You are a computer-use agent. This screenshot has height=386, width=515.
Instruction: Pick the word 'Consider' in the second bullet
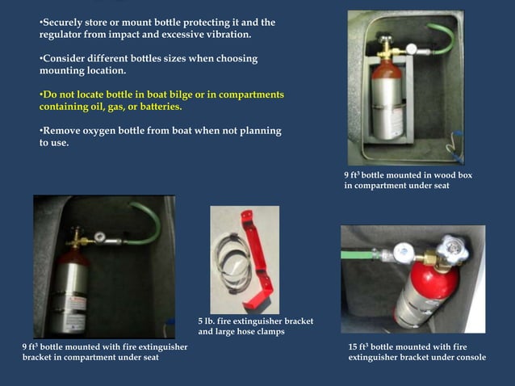65,59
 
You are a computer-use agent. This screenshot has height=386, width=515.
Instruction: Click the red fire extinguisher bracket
261,258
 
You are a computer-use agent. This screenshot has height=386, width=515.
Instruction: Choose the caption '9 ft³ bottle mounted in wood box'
408,175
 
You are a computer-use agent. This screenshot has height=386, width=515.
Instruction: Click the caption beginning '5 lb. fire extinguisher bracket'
255,321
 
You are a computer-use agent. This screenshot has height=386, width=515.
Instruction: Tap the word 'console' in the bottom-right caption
467,357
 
